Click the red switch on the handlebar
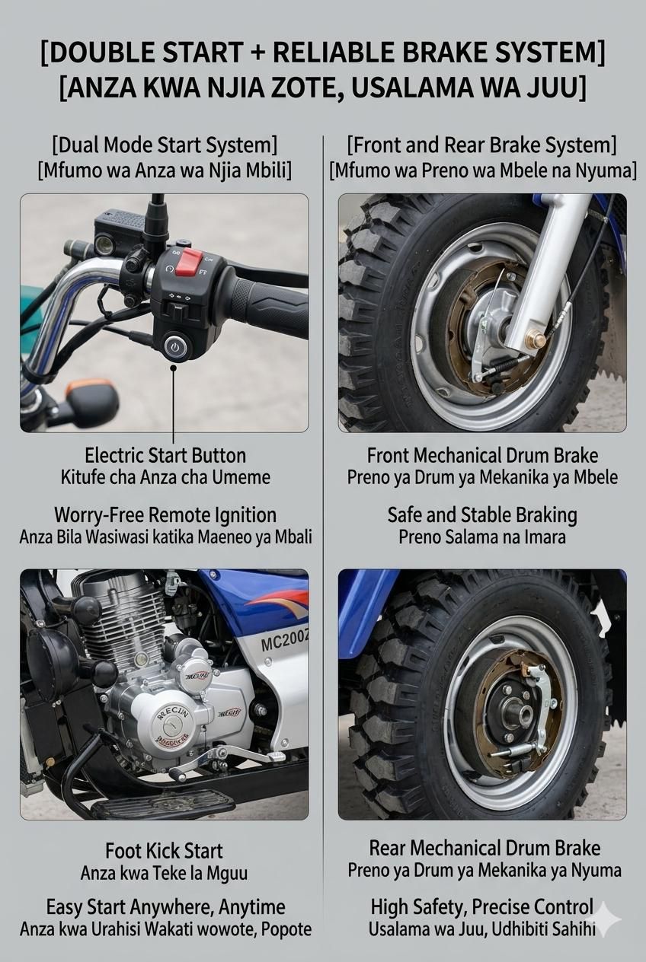tap(189, 262)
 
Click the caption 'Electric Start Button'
tap(165, 455)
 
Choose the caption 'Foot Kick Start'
tap(164, 850)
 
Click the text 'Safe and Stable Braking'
tap(482, 515)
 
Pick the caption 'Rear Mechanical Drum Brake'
tap(484, 848)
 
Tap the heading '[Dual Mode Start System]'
tap(165, 145)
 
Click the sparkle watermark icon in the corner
tap(606, 919)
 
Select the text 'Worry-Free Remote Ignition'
tap(165, 515)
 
